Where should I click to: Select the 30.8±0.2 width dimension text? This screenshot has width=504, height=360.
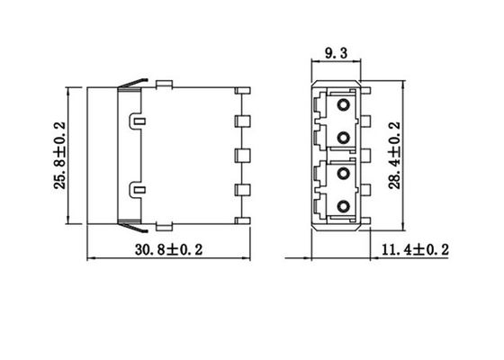click(x=167, y=248)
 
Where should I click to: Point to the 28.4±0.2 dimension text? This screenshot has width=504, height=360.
click(x=393, y=154)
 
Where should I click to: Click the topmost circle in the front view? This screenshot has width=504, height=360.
click(x=343, y=105)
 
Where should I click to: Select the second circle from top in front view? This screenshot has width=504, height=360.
click(x=343, y=137)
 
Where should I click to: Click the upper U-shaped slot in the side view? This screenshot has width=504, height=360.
click(x=137, y=120)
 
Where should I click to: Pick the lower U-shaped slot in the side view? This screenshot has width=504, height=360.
click(x=137, y=188)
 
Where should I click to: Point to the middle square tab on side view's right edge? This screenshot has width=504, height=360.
click(x=240, y=155)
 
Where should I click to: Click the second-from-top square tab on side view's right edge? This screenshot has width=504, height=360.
click(x=240, y=121)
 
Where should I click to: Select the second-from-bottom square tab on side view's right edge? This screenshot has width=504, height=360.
click(x=240, y=189)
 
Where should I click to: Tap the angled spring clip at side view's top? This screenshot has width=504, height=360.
click(x=130, y=84)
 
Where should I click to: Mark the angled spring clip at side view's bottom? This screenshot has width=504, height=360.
click(x=130, y=224)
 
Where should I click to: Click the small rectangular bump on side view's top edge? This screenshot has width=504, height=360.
click(x=165, y=85)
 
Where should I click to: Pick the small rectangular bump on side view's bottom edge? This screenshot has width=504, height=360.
click(x=165, y=224)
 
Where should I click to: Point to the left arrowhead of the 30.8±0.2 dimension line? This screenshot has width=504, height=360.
click(x=90, y=259)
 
